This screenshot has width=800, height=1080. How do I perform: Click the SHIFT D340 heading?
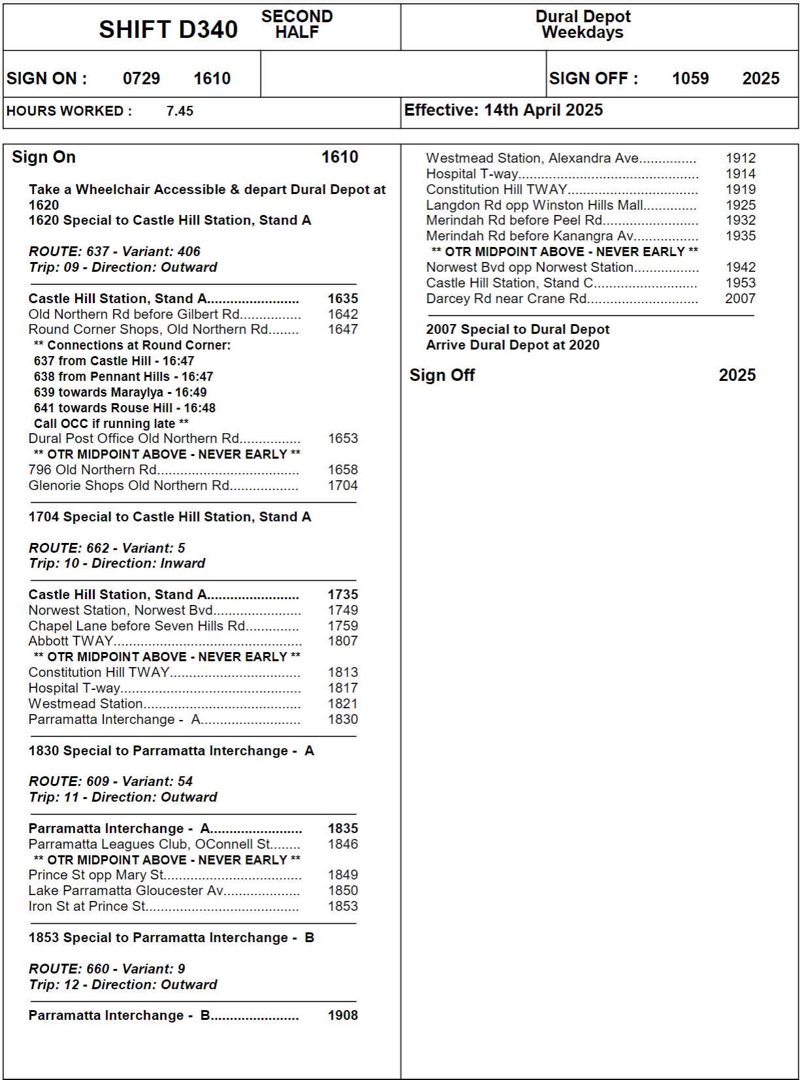coord(168,29)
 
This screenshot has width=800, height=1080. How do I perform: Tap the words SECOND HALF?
coord(296,24)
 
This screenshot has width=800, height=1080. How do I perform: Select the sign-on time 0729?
coord(141,78)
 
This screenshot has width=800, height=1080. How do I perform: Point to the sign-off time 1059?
coord(690,78)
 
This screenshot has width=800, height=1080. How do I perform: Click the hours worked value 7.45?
coord(180,111)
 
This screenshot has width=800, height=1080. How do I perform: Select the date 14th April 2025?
coord(543,110)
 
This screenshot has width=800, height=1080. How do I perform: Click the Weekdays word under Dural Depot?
coord(583,33)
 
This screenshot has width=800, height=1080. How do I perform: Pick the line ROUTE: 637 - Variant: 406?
coord(114,252)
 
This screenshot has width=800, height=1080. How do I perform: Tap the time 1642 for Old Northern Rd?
coord(343,314)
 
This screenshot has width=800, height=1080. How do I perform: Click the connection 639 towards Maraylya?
coord(120,392)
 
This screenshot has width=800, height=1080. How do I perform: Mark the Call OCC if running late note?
coord(111,423)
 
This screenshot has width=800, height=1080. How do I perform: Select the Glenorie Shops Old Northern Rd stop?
coord(129,485)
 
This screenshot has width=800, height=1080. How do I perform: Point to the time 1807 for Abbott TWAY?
coord(343,641)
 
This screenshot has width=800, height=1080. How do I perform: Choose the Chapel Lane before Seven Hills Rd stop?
coord(137,626)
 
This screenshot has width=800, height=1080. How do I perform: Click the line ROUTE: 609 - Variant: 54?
coord(111,781)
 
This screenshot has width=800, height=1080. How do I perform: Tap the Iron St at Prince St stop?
coord(87,906)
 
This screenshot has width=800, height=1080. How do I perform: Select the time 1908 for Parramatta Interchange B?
coord(343,1015)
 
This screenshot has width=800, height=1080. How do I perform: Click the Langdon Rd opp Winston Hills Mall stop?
coord(534,205)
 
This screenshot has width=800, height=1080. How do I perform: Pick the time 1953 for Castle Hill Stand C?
coord(740,283)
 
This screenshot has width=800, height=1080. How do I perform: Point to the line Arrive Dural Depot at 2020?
coord(513,345)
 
